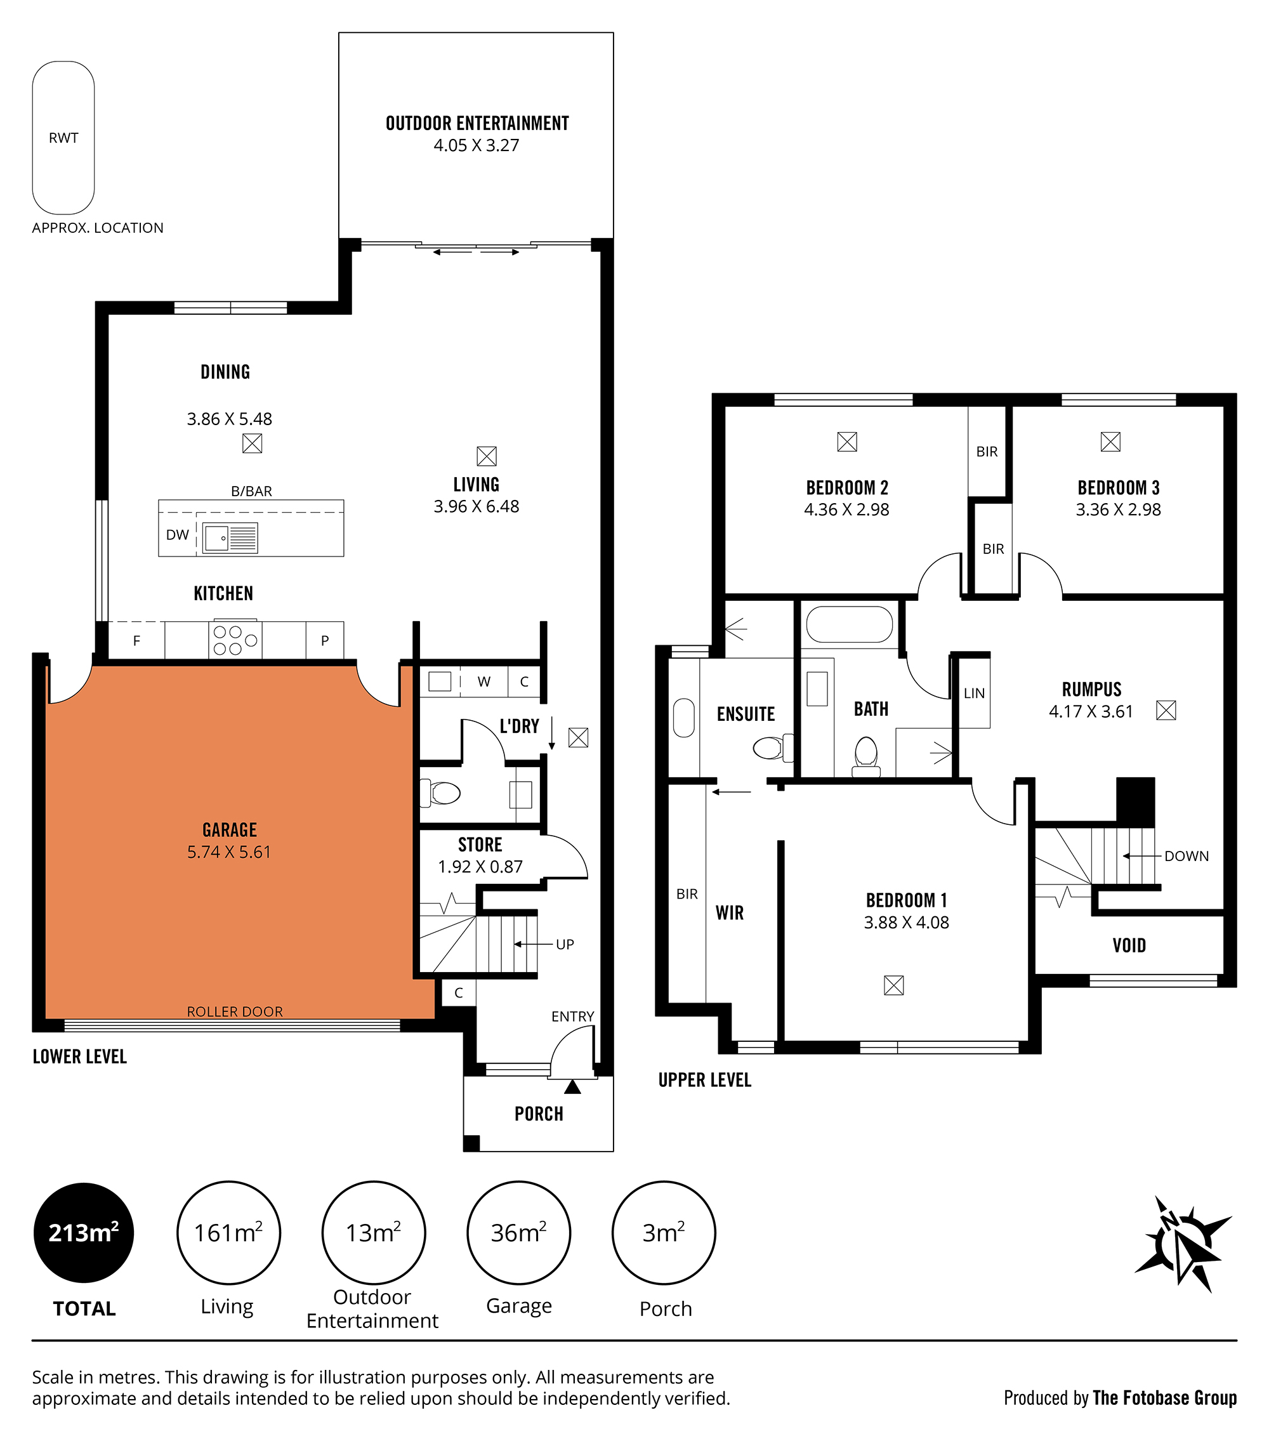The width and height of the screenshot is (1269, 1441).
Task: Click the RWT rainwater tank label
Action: click(63, 138)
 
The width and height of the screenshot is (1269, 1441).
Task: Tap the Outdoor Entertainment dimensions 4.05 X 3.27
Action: click(477, 146)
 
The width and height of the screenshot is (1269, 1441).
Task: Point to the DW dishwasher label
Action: click(178, 535)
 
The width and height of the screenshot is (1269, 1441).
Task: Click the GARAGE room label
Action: click(230, 830)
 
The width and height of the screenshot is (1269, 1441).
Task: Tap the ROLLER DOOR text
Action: click(235, 1011)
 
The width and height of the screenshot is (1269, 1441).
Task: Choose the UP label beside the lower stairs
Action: click(565, 944)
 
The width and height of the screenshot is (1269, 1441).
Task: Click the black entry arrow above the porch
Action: click(572, 1087)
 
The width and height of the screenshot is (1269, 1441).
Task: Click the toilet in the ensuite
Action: click(773, 747)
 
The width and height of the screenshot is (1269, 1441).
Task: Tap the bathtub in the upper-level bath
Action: click(849, 624)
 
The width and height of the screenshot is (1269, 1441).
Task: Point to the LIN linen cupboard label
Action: click(975, 694)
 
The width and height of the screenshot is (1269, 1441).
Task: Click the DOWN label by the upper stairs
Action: click(1187, 856)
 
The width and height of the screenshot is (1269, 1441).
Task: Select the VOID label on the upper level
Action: click(1129, 945)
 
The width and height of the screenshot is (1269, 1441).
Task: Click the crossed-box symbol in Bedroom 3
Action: click(1110, 442)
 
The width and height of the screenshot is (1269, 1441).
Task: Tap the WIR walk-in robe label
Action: click(730, 913)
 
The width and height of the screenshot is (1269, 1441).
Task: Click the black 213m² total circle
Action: click(84, 1233)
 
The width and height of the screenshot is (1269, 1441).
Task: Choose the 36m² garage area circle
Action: click(519, 1233)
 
